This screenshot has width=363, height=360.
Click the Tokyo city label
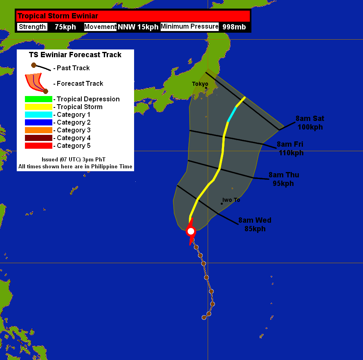coord(200,84)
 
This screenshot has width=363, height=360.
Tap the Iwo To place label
coord(231,200)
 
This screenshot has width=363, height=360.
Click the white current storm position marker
coord(190,231)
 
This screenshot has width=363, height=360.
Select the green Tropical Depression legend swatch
coord(38,99)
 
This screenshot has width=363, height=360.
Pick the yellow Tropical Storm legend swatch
coord(38,107)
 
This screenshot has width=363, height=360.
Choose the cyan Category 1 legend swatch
coord(38,114)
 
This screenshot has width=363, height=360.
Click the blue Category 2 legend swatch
coord(38,122)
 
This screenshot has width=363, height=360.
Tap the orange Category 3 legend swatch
coord(38,130)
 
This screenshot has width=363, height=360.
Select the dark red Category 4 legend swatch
coord(38,138)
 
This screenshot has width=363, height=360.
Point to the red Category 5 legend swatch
coord(38,145)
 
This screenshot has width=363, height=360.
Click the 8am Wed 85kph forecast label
coord(255,224)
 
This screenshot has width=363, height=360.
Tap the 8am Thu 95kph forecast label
coord(284,179)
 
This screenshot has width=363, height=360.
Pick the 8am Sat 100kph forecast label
coord(310,123)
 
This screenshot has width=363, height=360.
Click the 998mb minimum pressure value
coord(234,27)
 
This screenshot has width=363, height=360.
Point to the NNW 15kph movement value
coord(138,27)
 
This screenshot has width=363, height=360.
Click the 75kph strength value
coord(65,27)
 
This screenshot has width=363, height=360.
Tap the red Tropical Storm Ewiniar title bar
coord(133,16)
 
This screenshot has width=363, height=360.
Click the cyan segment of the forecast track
coord(232,114)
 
